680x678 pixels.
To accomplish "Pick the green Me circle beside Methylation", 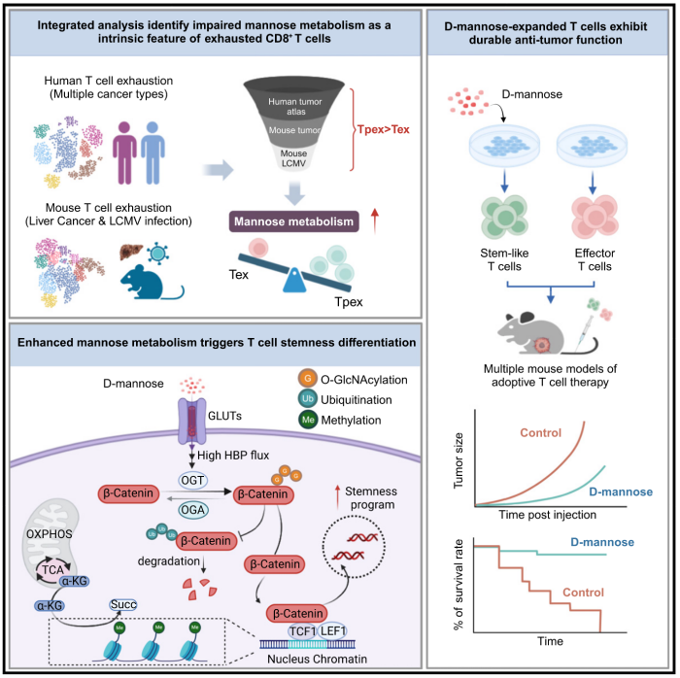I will click(x=281, y=422).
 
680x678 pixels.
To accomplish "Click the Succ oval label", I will click(x=152, y=574).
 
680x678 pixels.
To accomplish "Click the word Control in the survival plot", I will click(x=559, y=602).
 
